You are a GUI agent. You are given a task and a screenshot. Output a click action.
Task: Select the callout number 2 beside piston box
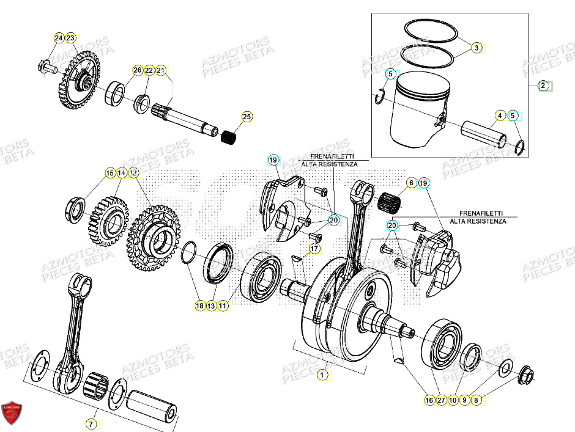(543, 86)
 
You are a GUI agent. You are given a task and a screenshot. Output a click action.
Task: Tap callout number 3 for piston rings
(477, 47)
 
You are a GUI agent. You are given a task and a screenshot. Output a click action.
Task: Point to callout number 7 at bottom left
(91, 423)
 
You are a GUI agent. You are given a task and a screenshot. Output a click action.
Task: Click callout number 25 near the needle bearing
(247, 117)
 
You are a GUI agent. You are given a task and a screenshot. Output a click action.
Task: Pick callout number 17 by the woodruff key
(314, 249)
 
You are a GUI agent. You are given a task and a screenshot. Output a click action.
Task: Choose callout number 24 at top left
(59, 38)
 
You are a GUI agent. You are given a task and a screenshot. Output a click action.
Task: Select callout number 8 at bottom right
(477, 400)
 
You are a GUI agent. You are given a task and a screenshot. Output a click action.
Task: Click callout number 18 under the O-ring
(199, 306)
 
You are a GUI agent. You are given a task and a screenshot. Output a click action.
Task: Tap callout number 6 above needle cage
(411, 183)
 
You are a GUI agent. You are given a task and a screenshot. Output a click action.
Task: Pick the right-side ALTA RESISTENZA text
(478, 221)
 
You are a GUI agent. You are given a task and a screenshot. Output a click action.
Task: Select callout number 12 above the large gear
(134, 174)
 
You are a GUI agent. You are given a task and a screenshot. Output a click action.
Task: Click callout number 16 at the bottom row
(429, 400)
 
